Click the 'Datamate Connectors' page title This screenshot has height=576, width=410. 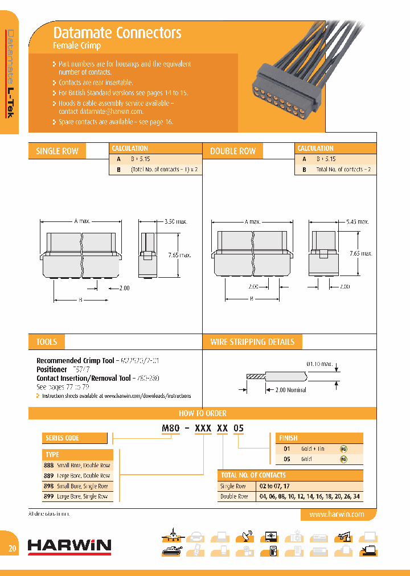(117, 33)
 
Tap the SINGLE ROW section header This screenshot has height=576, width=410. (57, 151)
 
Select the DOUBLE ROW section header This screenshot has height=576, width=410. (233, 151)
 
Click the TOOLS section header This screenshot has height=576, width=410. (47, 342)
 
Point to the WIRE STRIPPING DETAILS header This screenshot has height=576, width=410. (252, 342)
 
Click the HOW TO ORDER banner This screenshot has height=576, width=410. (203, 413)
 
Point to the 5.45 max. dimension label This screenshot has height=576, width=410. (357, 221)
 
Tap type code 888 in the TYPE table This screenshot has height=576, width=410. (49, 465)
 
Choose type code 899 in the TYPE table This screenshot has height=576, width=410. (49, 497)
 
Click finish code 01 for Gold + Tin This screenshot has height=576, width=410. (287, 449)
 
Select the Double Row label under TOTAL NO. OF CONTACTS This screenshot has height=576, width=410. (233, 497)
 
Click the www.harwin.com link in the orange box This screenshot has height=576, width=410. (336, 514)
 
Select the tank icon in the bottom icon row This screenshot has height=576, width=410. (171, 550)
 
